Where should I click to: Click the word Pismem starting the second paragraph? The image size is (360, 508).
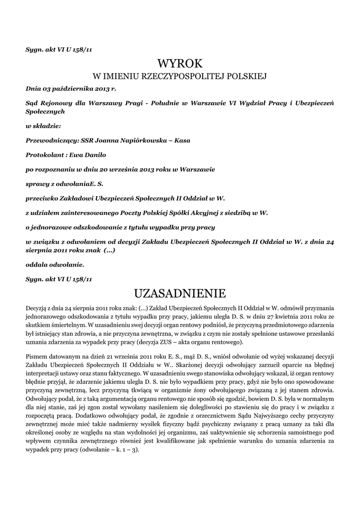tap(36, 358)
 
